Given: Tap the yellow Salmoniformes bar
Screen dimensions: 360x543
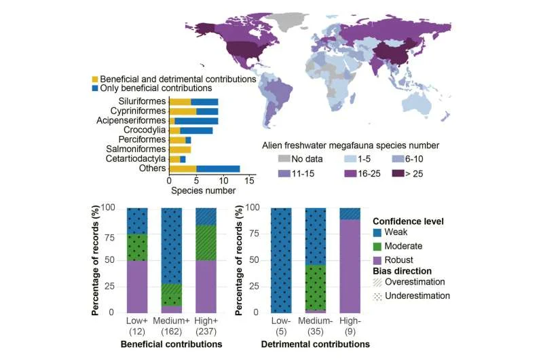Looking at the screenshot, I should coord(180,149).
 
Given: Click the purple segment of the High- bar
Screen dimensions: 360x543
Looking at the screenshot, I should coord(349,266).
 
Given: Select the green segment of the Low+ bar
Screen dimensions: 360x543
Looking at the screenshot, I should coord(137,247).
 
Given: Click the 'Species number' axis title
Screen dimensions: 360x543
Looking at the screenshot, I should coord(202,192).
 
